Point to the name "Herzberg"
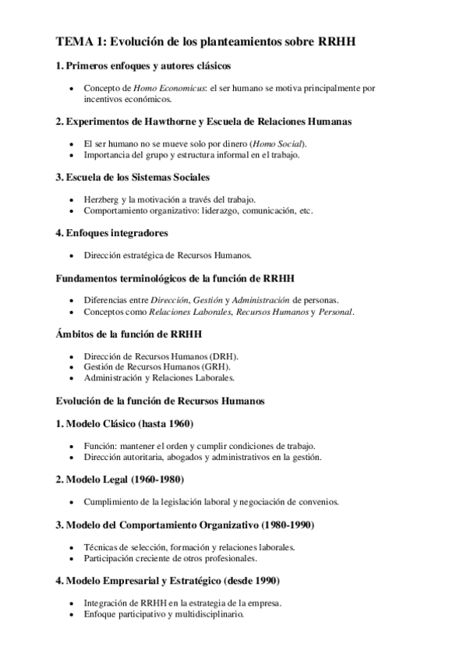coord(101,200)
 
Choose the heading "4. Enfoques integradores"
coord(112,232)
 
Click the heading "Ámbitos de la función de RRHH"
coord(129,334)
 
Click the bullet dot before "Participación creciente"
coord(71,558)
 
